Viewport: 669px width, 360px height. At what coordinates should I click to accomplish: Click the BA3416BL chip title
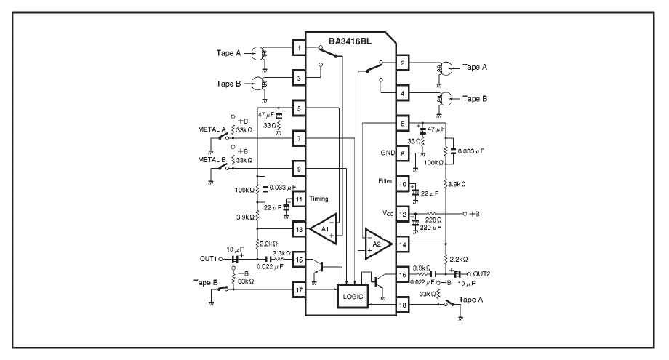pos(350,41)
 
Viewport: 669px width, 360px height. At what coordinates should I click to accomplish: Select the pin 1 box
pos(299,48)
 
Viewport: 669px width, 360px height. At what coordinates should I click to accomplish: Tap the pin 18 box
pos(402,305)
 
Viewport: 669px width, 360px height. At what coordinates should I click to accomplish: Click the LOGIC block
pos(353,296)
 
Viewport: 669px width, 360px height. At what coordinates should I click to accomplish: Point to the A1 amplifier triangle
pos(324,229)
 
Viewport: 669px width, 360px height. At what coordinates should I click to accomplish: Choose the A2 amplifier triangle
pos(378,244)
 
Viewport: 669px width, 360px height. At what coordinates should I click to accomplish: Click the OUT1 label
pos(208,259)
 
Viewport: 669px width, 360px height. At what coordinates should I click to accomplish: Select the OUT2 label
pos(481,274)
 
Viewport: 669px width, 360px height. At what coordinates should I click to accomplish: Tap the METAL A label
pos(212,129)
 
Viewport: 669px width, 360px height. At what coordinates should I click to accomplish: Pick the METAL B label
pos(212,159)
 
